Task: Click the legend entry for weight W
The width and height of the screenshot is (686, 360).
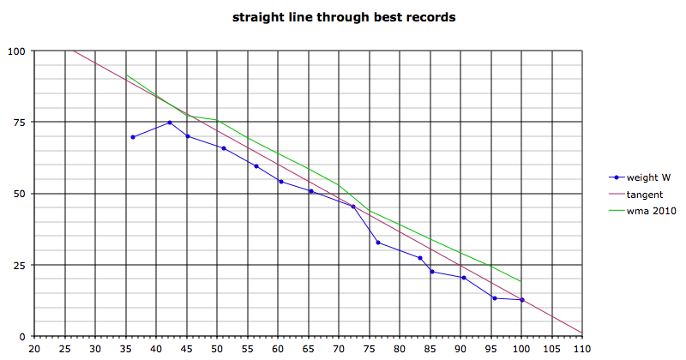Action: [647, 178]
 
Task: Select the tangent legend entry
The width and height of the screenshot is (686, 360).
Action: [644, 195]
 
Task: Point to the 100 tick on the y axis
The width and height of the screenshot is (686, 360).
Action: [17, 51]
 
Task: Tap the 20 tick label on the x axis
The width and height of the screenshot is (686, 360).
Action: [34, 350]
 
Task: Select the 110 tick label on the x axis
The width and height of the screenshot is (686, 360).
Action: [583, 350]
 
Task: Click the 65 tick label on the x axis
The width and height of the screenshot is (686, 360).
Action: [309, 350]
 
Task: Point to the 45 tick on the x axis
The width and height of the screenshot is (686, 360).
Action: [187, 350]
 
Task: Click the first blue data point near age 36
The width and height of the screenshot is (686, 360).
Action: [133, 137]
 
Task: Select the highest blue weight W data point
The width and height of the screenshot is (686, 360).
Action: [170, 123]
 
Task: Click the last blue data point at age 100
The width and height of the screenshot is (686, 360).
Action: [522, 300]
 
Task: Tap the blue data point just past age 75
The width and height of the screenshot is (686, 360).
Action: [378, 243]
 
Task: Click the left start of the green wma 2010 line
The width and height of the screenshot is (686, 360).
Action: [126, 75]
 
